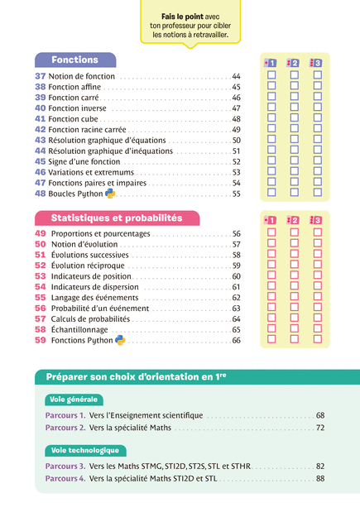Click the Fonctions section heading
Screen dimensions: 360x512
(74, 60)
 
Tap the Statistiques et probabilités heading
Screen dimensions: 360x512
(117, 218)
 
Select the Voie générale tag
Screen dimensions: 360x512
(74, 400)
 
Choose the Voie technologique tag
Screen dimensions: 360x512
(85, 450)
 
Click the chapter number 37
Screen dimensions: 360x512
(41, 76)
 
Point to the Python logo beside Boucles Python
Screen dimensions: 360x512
(110, 194)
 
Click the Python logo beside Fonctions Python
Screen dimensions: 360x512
(120, 340)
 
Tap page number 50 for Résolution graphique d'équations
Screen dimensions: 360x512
(236, 141)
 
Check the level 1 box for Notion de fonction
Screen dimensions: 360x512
(271, 75)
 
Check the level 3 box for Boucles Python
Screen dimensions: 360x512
(318, 193)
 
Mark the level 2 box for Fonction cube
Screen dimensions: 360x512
(295, 117)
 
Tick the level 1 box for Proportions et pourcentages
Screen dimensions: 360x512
(271, 232)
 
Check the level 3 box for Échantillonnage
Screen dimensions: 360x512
(318, 328)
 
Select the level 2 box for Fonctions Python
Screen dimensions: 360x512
(295, 339)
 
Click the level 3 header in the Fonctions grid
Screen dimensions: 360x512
(316, 63)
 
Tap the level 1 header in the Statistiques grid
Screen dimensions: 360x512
(270, 220)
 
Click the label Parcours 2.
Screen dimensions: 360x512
(65, 428)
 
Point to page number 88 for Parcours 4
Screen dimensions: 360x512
(320, 479)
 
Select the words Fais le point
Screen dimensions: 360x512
(182, 17)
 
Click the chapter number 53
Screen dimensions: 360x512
(41, 276)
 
